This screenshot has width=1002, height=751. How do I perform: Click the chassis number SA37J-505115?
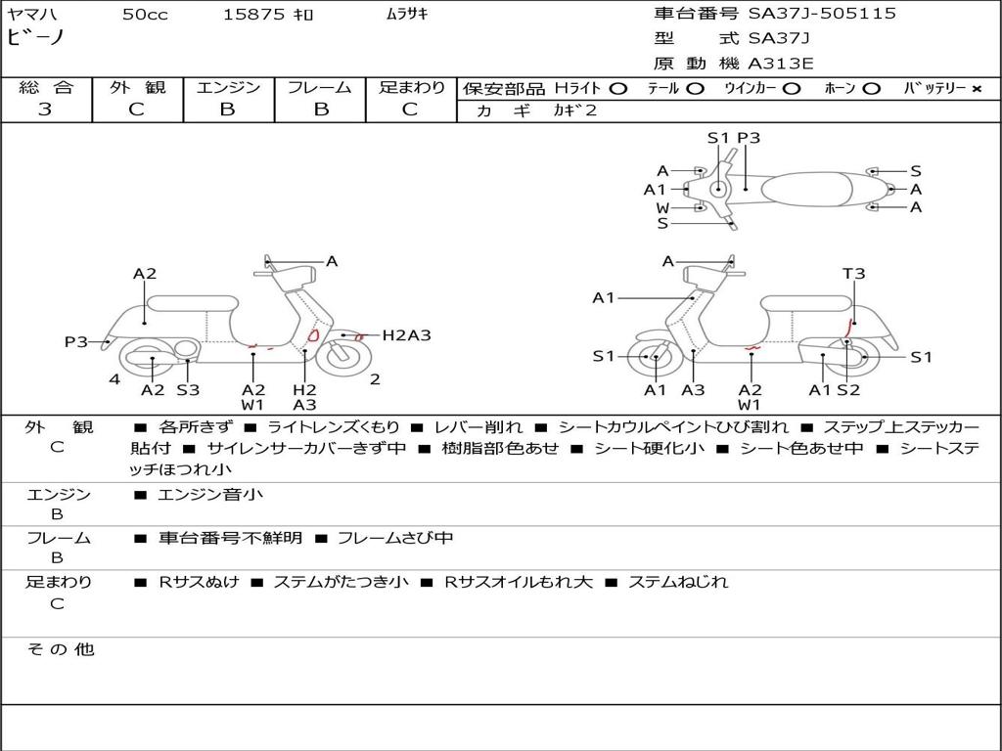click(x=822, y=14)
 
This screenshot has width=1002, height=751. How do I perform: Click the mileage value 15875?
click(x=253, y=15)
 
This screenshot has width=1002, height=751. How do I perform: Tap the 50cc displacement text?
click(x=145, y=15)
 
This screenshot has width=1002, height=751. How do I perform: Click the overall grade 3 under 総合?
click(x=45, y=110)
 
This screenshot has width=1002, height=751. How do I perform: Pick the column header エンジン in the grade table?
click(x=228, y=87)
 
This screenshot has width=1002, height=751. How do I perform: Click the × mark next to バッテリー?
click(x=977, y=89)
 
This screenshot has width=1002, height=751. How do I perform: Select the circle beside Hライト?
click(x=618, y=89)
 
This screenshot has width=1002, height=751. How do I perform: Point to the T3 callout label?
click(x=853, y=274)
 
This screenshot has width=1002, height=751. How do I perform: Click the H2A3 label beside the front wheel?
click(x=406, y=335)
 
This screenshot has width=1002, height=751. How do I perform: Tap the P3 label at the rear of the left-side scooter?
click(x=76, y=342)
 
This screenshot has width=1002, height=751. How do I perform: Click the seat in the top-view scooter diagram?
click(x=807, y=189)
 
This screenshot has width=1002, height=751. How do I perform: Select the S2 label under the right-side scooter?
click(x=848, y=390)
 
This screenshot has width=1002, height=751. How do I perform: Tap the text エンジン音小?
click(x=209, y=494)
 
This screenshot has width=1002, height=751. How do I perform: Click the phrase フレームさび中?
click(x=395, y=538)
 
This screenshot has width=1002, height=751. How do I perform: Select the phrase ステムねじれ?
click(x=678, y=582)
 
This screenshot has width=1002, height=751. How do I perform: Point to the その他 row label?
click(x=60, y=649)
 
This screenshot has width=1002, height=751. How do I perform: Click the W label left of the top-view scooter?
click(x=662, y=208)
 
